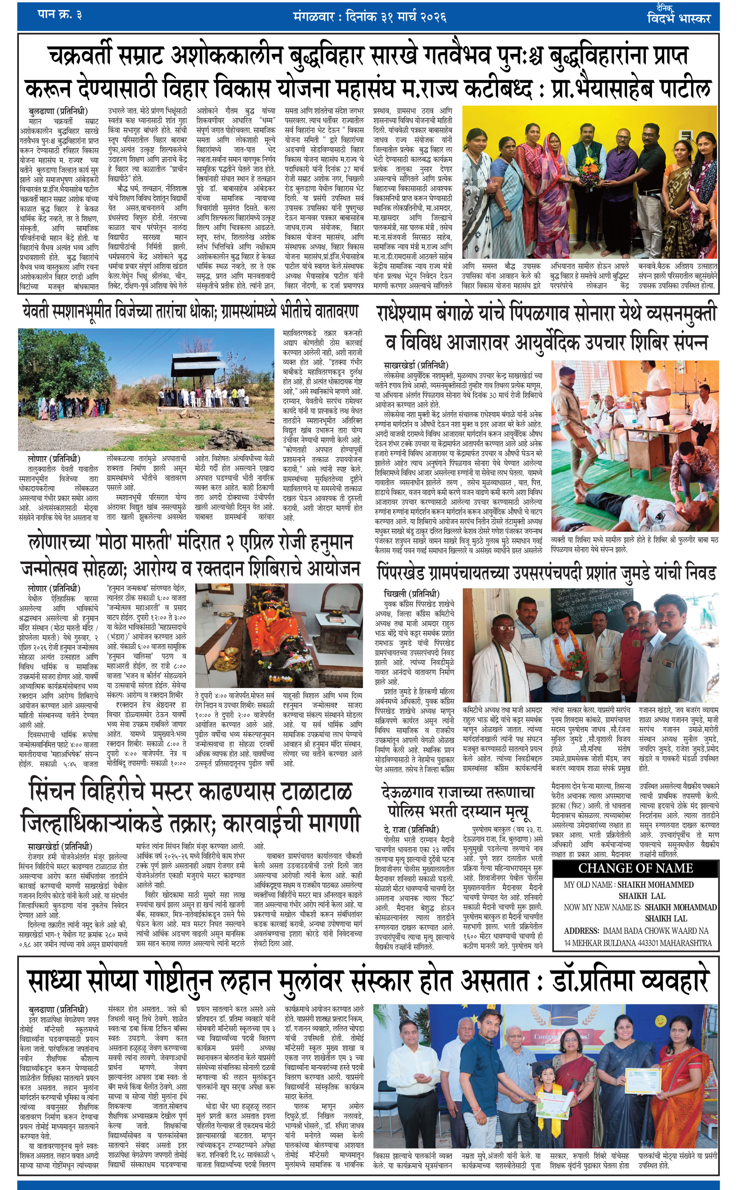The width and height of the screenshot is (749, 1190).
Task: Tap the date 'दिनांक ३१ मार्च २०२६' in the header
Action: (x=390, y=17)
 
